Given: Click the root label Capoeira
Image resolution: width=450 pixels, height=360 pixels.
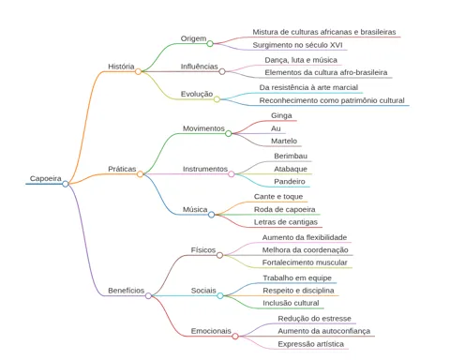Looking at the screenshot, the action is tap(46, 178).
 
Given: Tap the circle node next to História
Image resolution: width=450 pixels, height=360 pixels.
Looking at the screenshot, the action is tap(138, 71).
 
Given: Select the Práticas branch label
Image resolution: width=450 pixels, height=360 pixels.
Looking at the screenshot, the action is tap(122, 169).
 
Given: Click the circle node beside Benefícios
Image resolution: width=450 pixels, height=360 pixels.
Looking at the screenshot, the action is tap(148, 295).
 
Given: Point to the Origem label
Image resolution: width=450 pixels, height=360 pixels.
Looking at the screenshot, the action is tap(193, 38).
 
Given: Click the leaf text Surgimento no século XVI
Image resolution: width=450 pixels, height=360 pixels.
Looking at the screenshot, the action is tap(297, 45).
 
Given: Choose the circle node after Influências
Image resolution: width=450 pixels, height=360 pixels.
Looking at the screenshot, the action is tap(222, 71).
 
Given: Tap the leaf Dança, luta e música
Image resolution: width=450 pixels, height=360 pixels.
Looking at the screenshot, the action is tap(301, 60).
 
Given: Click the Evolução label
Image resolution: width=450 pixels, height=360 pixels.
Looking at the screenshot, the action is tap(197, 94).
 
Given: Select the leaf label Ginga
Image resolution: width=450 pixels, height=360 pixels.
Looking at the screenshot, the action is tap(281, 115).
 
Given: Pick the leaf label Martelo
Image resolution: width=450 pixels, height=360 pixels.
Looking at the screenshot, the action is tap(284, 141).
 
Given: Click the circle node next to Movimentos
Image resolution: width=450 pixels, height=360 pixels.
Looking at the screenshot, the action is tap(229, 134).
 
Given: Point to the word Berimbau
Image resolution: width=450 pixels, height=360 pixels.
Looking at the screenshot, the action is tap(291, 156).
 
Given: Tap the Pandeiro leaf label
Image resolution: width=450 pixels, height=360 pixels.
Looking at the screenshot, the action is tap(290, 181).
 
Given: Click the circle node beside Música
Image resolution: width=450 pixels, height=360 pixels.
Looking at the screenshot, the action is tap(211, 215).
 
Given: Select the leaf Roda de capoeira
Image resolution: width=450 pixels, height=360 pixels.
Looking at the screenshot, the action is tap(284, 209).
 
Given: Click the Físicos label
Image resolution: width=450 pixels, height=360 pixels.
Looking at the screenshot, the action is tap(203, 250).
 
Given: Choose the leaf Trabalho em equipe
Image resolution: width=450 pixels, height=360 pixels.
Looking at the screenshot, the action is tap(297, 277).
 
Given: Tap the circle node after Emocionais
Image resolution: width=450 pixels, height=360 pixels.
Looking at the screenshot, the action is tap(235, 337).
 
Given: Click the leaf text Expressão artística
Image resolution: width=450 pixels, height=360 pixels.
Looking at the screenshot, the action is tap(310, 344).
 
